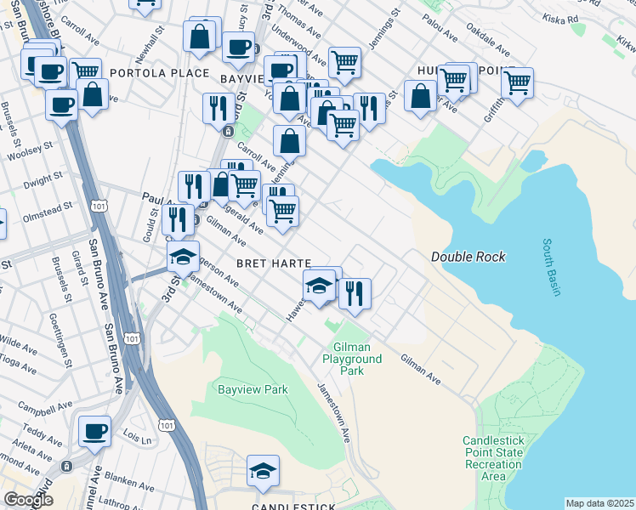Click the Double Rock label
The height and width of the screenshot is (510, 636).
coord(468,257)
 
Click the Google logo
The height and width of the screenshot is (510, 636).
coord(28,500)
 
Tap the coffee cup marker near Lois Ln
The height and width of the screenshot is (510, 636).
coord(94,431)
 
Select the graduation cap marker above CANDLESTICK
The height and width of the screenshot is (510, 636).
coord(264,471)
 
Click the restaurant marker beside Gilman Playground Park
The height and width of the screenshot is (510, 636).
coord(355,292)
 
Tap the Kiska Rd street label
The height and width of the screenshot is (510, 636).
coord(561,17)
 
